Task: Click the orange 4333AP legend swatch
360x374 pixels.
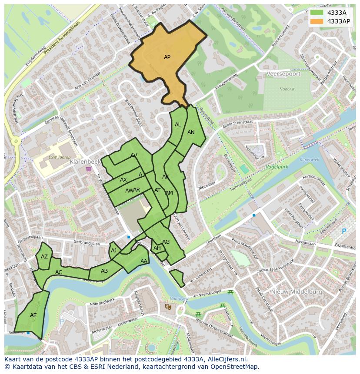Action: [317, 21]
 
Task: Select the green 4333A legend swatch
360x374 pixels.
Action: [317, 13]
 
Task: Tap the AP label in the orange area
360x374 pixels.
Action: [167, 57]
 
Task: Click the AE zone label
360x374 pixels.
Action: [33, 315]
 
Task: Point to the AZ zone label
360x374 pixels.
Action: [44, 257]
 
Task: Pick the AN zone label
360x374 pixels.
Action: [191, 132]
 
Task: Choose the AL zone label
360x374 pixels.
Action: [178, 125]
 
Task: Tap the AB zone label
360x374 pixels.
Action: [104, 271]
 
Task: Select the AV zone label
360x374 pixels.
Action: [134, 156]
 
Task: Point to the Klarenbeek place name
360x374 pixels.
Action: [85, 161]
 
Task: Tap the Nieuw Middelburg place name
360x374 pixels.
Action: [297, 292]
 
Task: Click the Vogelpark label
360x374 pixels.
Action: [277, 166]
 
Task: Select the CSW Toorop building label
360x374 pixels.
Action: [59, 157]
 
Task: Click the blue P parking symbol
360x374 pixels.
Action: [344, 231]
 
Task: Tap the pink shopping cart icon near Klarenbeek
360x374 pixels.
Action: [89, 169]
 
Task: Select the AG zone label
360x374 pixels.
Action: [166, 242]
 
